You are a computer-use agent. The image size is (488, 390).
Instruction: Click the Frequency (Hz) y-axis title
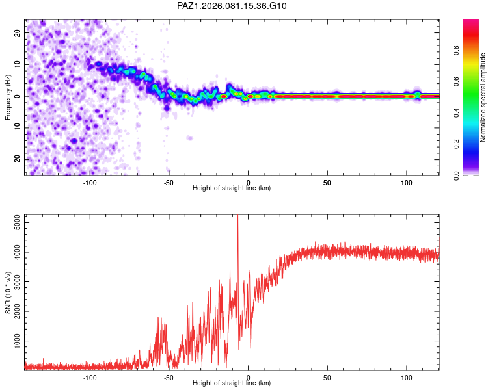(8, 97)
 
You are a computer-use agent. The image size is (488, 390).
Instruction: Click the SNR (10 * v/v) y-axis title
(8, 293)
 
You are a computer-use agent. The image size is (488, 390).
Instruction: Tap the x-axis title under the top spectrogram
(232, 188)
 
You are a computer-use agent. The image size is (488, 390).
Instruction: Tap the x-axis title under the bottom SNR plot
(232, 383)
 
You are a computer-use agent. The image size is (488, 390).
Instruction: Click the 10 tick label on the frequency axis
(17, 64)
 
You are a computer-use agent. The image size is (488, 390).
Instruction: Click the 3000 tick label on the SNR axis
(17, 281)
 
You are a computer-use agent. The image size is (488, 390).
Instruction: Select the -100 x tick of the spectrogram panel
(90, 181)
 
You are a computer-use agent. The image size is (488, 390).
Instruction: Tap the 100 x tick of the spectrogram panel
(407, 181)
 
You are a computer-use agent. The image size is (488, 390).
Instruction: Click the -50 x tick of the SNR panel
(169, 377)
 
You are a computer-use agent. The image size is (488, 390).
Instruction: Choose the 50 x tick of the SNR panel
(327, 377)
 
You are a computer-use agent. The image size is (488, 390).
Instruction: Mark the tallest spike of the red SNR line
(237, 217)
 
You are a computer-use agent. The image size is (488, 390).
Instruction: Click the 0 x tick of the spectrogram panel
(248, 181)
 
